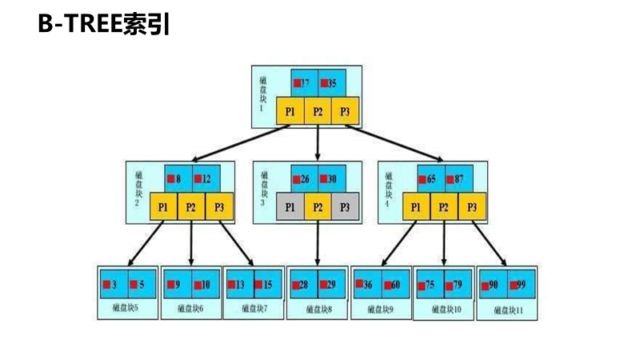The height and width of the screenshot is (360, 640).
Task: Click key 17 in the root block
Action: click(305, 83)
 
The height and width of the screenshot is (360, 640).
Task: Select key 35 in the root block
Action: click(332, 83)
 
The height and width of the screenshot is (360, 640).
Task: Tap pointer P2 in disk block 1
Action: click(318, 111)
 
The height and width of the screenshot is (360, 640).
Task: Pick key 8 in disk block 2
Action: click(178, 178)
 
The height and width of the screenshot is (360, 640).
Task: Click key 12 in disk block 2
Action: click(206, 178)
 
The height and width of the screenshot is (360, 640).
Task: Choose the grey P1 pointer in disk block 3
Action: click(290, 207)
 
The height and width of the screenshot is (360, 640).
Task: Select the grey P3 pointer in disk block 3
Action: click(345, 207)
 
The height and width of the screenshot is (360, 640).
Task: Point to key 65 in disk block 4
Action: click(429, 179)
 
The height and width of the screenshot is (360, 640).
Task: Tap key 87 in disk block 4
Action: click(457, 179)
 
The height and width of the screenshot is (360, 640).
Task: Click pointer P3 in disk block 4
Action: click(472, 207)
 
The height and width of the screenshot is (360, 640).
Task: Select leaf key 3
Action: click(114, 284)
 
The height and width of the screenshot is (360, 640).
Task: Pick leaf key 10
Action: click(205, 284)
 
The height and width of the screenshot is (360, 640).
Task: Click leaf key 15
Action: click(268, 284)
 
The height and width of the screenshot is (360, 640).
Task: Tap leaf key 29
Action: click(332, 285)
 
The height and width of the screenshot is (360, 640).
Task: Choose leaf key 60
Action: click(395, 285)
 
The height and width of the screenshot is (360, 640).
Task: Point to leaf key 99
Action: click(521, 285)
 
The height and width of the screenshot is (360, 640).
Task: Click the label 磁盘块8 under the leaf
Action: click(318, 308)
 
